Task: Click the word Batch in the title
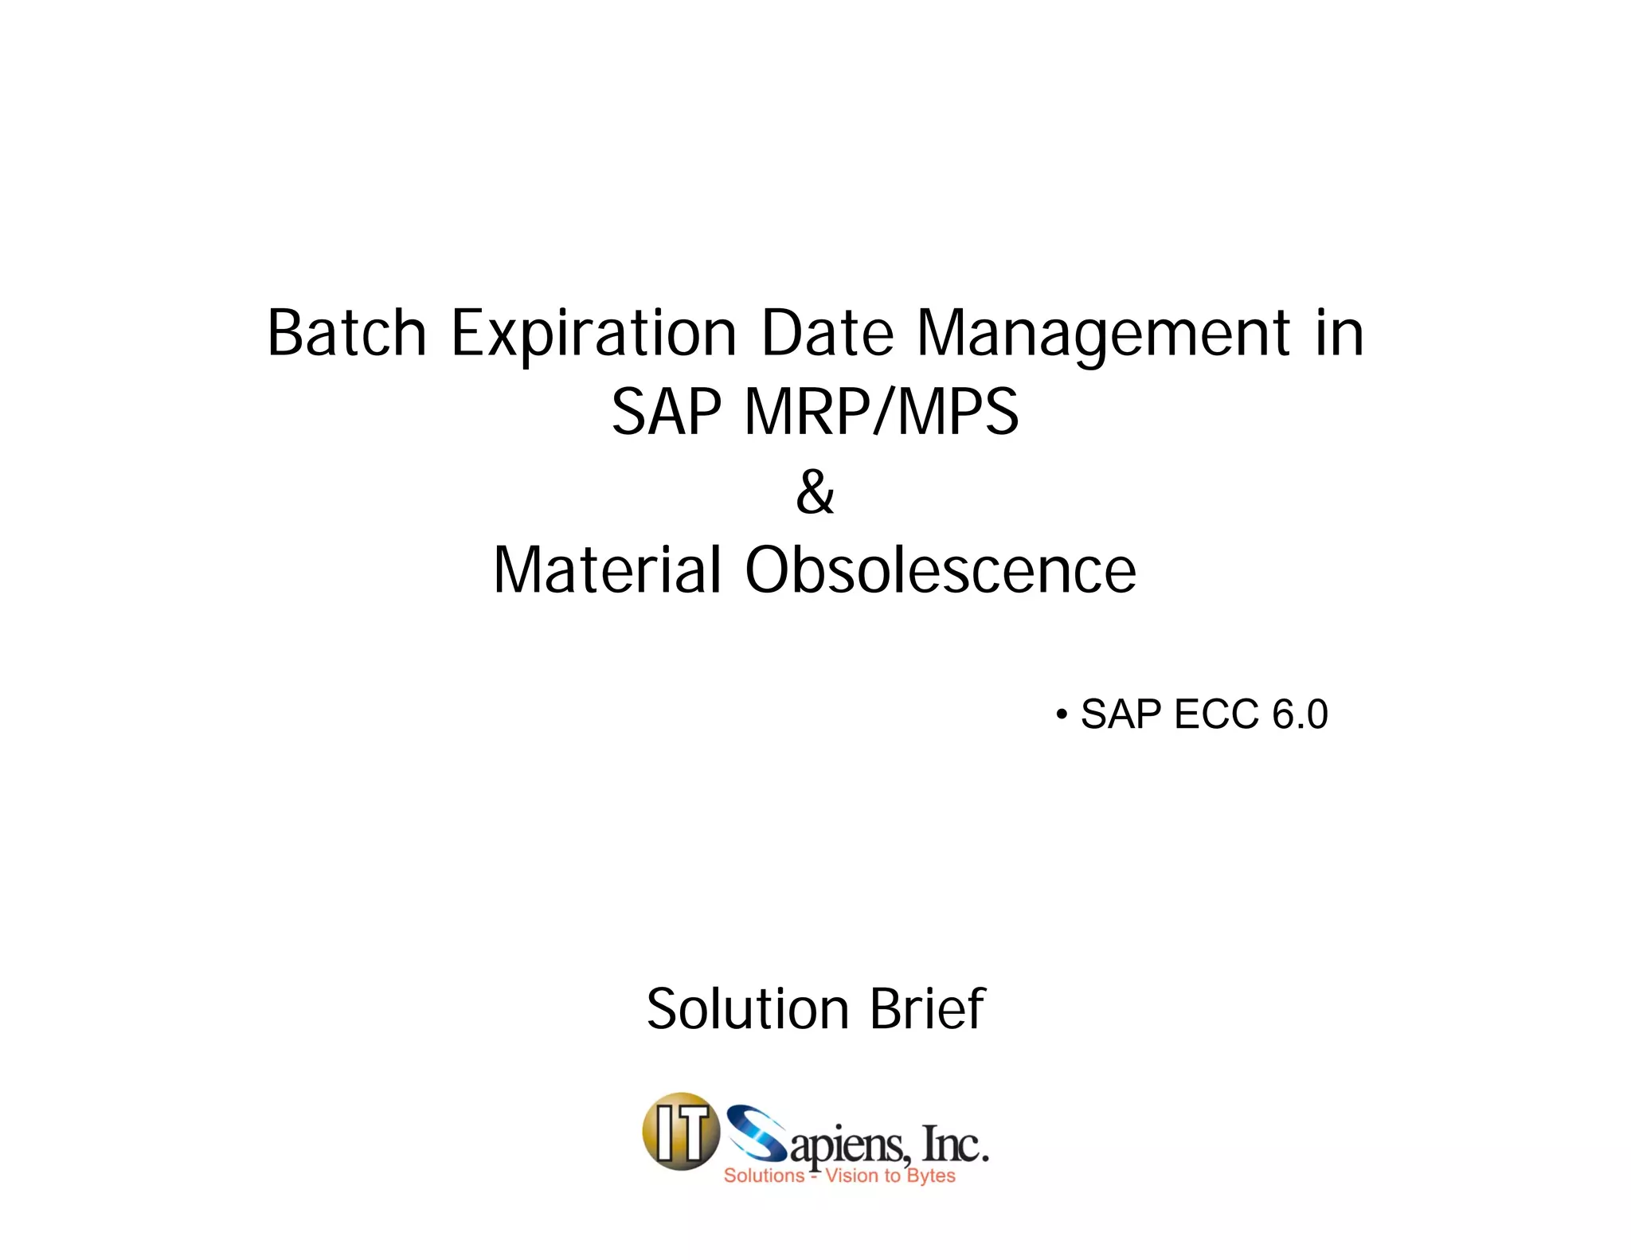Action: coord(346,333)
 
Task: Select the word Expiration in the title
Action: coord(594,335)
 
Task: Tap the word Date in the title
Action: coord(827,333)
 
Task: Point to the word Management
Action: coord(1103,335)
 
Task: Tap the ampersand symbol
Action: coord(815,491)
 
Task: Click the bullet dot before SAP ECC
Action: coord(1061,714)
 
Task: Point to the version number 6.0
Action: coord(1300,714)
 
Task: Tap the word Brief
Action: coord(927,1008)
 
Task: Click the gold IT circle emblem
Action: coord(680,1131)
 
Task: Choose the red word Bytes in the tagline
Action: coord(931,1176)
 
